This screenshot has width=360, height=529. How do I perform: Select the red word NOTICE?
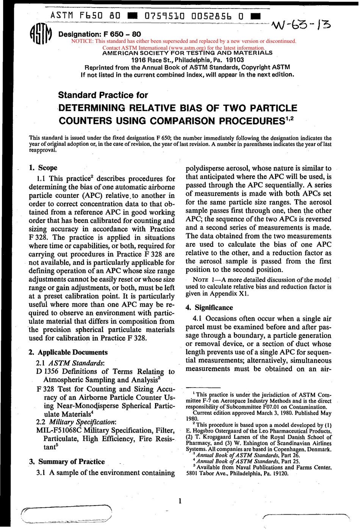[x=82, y=41]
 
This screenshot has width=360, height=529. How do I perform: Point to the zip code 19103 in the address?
[x=235, y=60]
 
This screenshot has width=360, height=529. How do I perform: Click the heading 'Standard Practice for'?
[x=103, y=95]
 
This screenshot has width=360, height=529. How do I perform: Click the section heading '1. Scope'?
[x=43, y=168]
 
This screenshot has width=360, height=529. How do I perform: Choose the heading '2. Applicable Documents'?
[x=68, y=352]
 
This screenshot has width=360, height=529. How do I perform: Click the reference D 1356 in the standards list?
[x=48, y=371]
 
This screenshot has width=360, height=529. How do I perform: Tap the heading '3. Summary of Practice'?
[x=67, y=462]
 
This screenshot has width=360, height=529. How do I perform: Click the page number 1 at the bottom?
[x=180, y=501]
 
